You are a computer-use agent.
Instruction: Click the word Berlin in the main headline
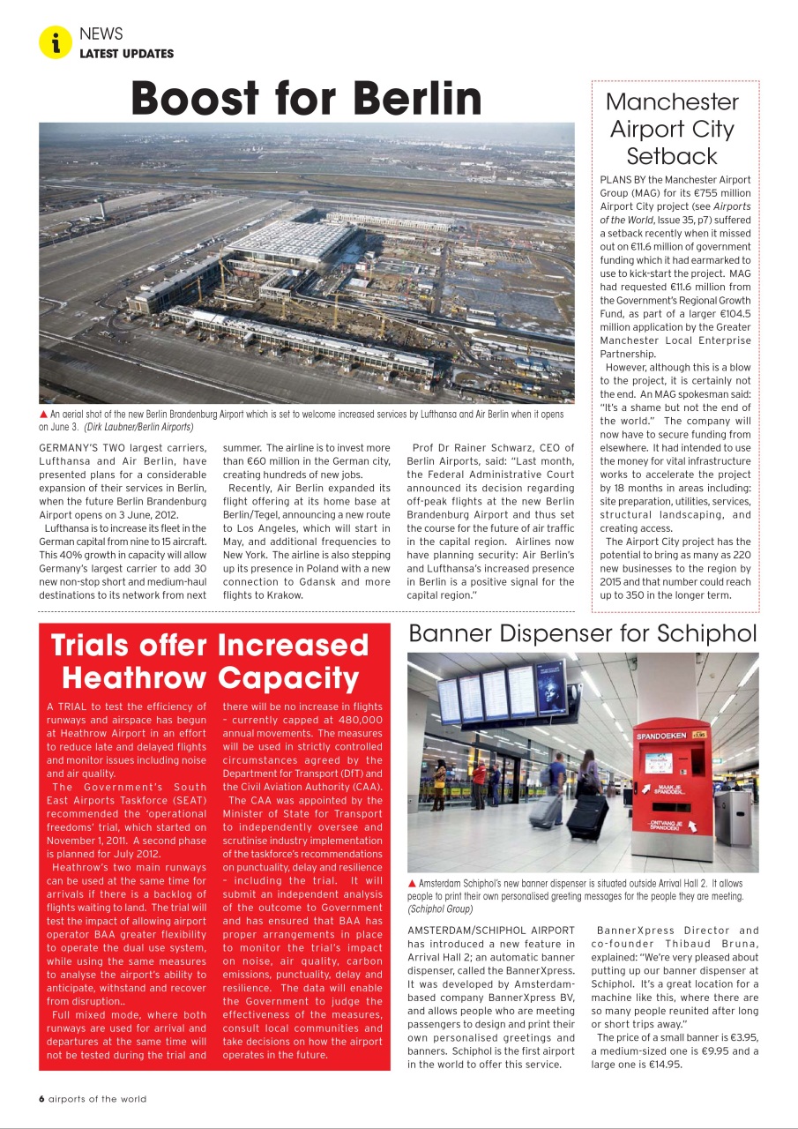tap(408, 98)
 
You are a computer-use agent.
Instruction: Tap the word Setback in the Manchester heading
tap(672, 156)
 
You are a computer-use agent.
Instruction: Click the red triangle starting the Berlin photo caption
tap(43, 414)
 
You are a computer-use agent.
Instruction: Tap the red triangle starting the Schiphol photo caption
tap(412, 883)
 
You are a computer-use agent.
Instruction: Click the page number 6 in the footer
tap(41, 1099)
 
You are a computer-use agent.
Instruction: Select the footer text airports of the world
tap(98, 1099)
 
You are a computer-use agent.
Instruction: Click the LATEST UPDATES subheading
tap(126, 54)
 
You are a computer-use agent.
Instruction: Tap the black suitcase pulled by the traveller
tap(588, 816)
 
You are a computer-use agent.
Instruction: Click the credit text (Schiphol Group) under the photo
tap(440, 908)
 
